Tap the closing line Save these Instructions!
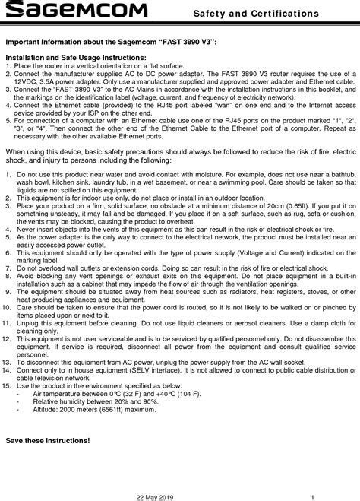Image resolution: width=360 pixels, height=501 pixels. click(x=47, y=441)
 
